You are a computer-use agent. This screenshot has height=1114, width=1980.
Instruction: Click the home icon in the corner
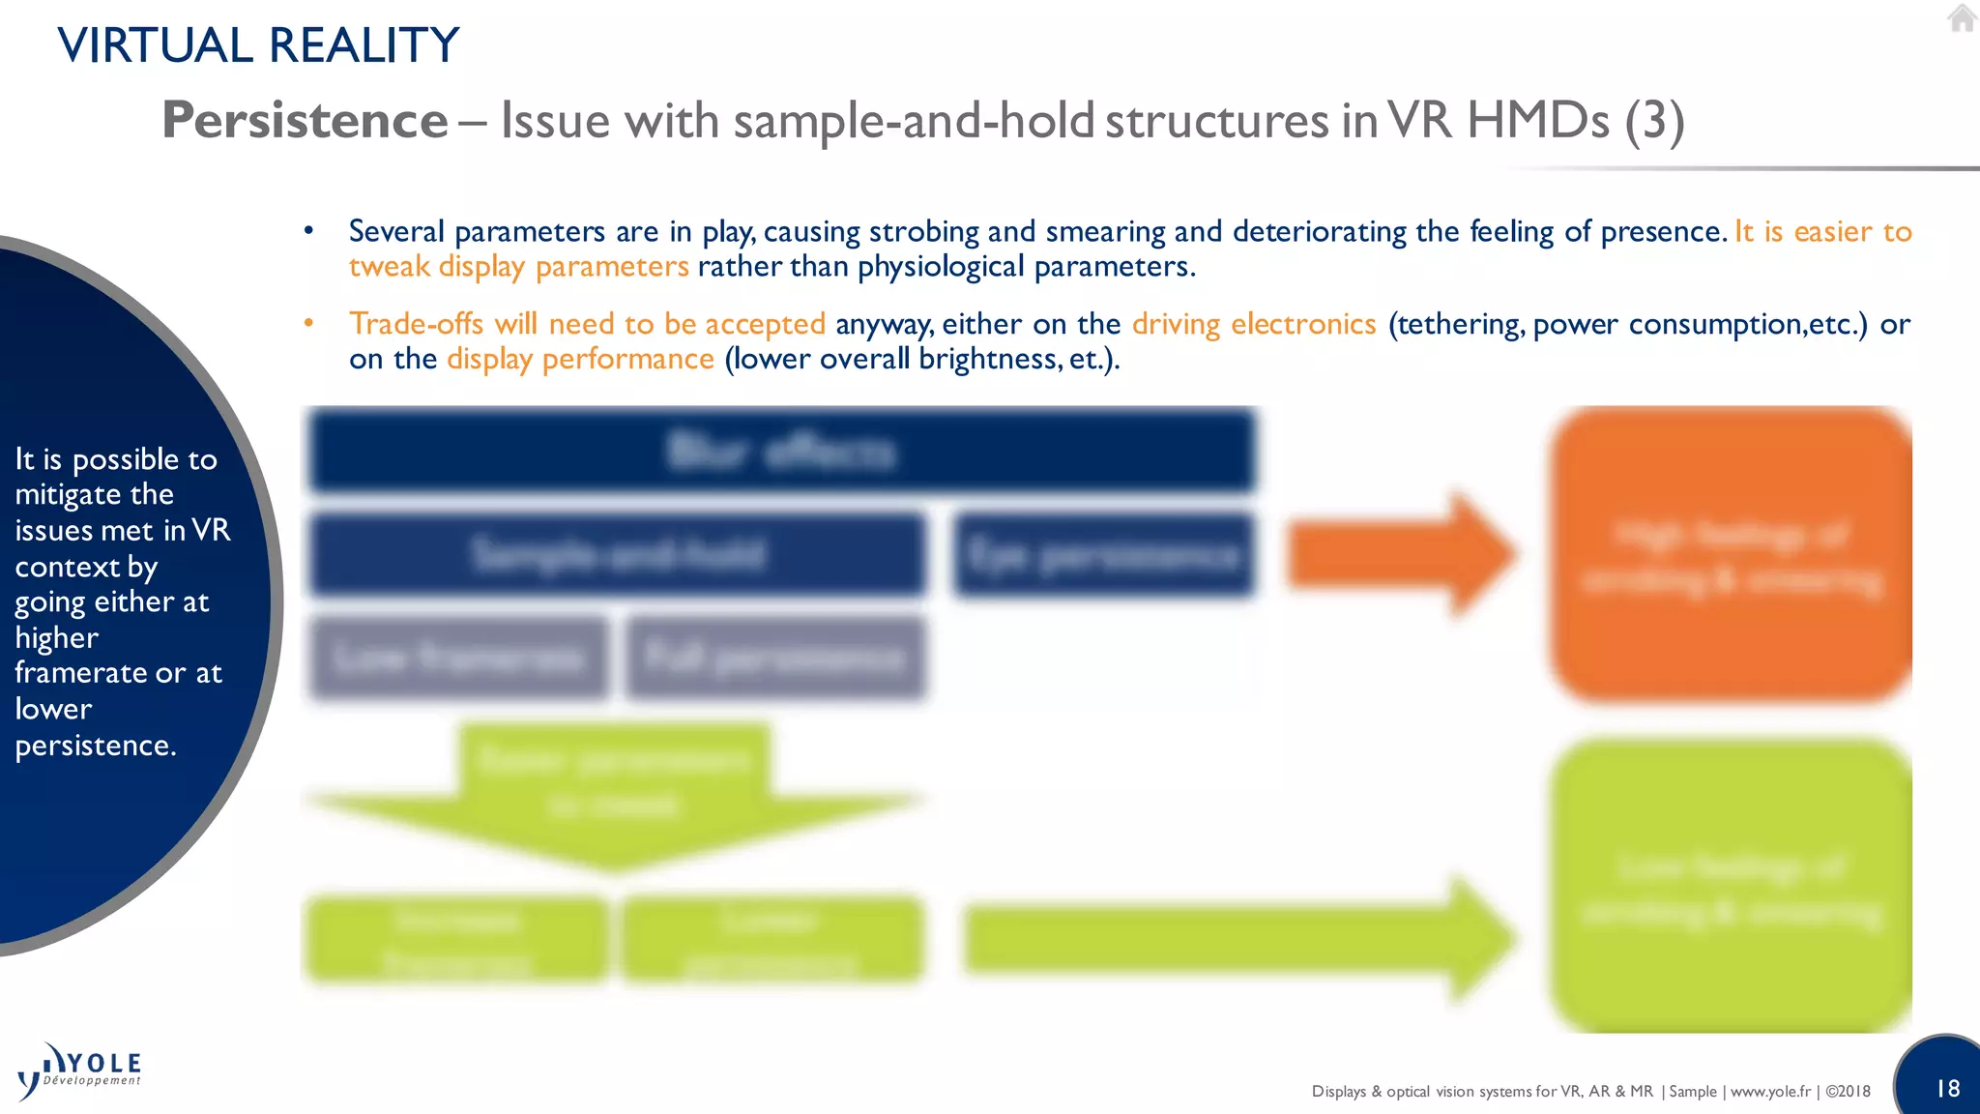[x=1962, y=18]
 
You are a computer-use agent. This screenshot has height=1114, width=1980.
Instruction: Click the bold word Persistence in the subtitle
[x=305, y=121]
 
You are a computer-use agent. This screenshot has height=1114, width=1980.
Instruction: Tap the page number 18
[x=1947, y=1089]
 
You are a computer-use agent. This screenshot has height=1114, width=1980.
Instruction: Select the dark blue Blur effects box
[x=781, y=452]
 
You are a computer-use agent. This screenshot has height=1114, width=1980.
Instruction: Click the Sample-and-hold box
[x=617, y=555]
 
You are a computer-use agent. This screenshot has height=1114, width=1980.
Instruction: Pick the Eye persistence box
[x=1103, y=555]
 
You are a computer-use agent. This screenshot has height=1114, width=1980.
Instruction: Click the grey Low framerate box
[x=458, y=659]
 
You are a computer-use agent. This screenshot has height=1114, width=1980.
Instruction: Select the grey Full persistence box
[x=774, y=659]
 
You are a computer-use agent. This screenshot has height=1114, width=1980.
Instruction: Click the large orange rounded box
[x=1731, y=555]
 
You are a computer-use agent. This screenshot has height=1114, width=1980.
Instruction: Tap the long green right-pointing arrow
[x=1237, y=939]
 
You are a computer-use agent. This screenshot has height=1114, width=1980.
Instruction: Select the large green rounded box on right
[x=1731, y=886]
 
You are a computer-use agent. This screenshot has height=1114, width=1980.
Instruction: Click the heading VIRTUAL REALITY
[x=258, y=45]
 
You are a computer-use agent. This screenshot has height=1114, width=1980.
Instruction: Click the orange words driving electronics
[x=1254, y=324]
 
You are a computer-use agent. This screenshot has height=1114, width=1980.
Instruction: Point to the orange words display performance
[x=580, y=359]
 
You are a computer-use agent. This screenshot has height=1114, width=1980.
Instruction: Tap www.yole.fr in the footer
[x=1770, y=1091]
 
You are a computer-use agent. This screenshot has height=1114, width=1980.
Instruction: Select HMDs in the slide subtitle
[x=1537, y=121]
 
